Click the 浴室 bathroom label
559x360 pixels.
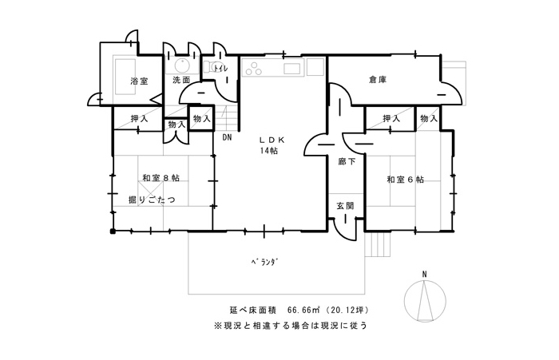click(x=139, y=81)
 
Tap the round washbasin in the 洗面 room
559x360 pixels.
click(x=182, y=65)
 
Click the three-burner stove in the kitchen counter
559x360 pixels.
click(x=254, y=68)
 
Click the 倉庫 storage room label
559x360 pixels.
click(x=378, y=80)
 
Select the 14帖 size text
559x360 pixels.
click(x=269, y=151)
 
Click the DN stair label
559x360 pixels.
click(x=227, y=136)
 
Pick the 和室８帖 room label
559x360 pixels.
click(x=161, y=177)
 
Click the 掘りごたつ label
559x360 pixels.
click(x=153, y=200)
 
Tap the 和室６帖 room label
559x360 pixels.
click(x=406, y=180)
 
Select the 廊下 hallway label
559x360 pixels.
click(x=347, y=161)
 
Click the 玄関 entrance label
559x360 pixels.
click(x=345, y=206)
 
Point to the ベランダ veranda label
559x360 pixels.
click(x=264, y=263)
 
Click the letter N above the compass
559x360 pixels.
click(x=424, y=274)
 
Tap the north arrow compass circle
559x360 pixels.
click(x=425, y=299)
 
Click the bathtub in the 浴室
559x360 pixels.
click(x=125, y=77)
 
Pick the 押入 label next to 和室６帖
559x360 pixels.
click(x=391, y=118)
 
